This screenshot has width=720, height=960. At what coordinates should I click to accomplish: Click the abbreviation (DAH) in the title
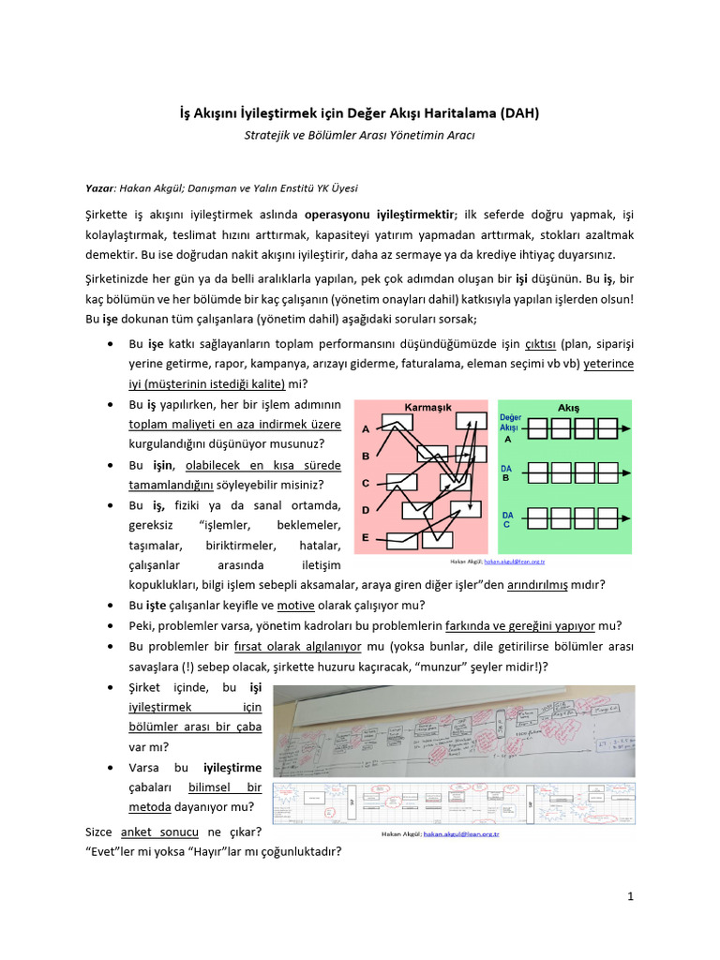[514, 113]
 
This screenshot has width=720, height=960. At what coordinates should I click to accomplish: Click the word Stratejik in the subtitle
[270, 135]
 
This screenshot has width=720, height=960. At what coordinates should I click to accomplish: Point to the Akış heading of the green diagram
[569, 408]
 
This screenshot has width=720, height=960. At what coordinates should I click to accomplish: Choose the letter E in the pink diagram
[365, 537]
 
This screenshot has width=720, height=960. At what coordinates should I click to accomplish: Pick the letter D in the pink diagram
[365, 510]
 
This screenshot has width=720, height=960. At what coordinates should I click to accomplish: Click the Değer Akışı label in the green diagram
[510, 423]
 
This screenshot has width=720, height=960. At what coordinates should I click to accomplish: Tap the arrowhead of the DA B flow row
[626, 472]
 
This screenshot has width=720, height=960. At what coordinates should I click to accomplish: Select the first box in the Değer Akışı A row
[536, 428]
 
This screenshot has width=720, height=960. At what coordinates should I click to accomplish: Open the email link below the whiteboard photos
[460, 832]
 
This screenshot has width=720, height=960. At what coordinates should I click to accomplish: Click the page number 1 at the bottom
[631, 896]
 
